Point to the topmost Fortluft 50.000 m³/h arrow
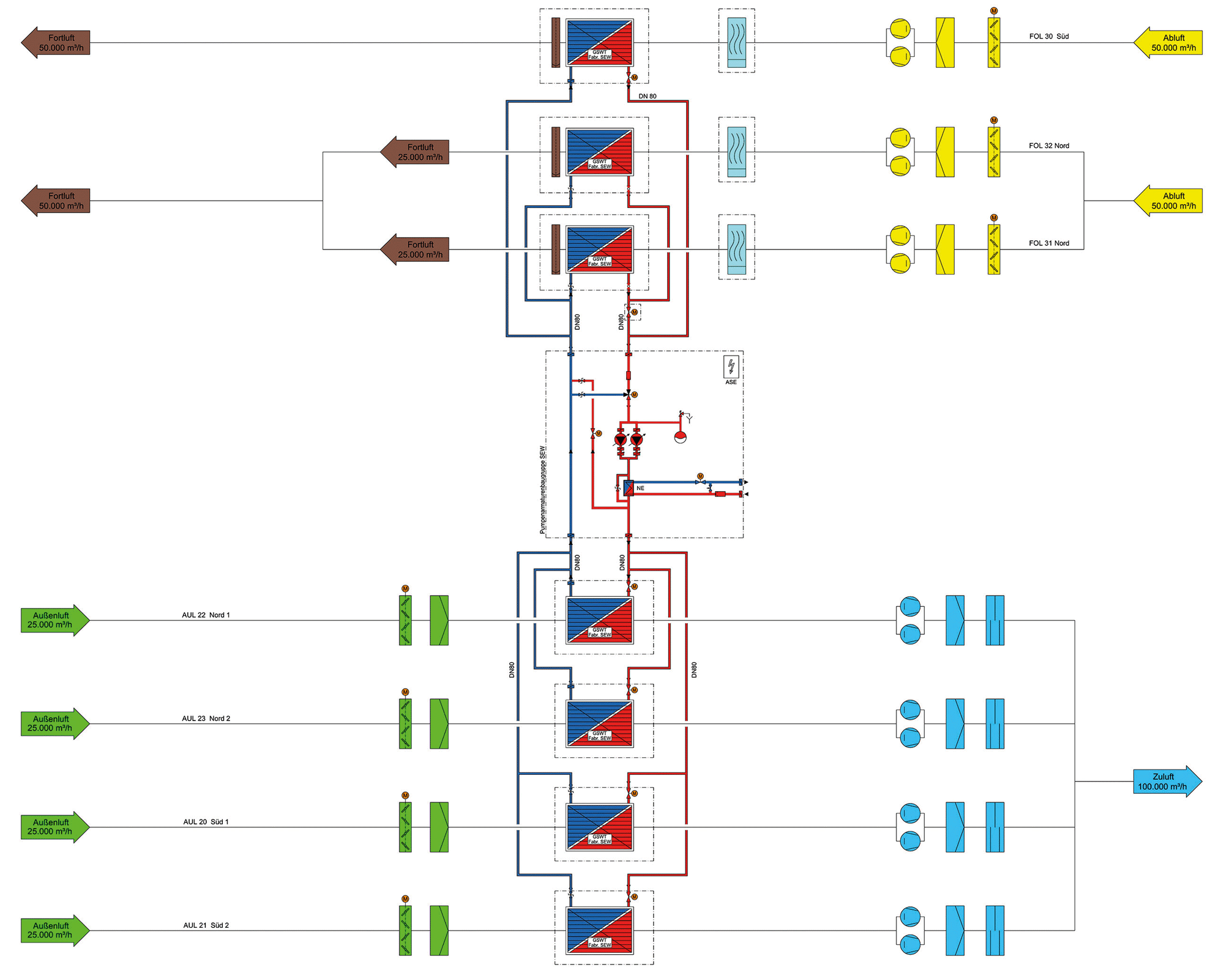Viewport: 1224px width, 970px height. pyautogui.click(x=56, y=43)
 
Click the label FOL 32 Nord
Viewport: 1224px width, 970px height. pyautogui.click(x=1049, y=146)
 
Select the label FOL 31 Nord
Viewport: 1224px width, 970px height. pyautogui.click(x=1049, y=243)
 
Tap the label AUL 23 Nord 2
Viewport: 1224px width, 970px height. pyautogui.click(x=206, y=718)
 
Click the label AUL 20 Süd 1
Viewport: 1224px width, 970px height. pyautogui.click(x=206, y=821)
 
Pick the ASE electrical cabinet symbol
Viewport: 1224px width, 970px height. pyautogui.click(x=731, y=366)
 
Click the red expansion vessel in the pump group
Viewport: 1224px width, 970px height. pyautogui.click(x=680, y=437)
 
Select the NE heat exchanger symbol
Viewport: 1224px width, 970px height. pyautogui.click(x=629, y=487)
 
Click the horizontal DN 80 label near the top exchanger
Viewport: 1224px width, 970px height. pyautogui.click(x=647, y=96)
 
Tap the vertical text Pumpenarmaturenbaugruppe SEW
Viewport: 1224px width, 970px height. pyautogui.click(x=542, y=490)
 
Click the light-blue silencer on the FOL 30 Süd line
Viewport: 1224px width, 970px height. pyautogui.click(x=737, y=42)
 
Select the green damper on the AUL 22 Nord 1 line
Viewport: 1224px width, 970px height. pyautogui.click(x=405, y=620)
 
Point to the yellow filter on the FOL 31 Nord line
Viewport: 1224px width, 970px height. pyautogui.click(x=945, y=250)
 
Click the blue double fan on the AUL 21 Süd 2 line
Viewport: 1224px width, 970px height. pyautogui.click(x=910, y=930)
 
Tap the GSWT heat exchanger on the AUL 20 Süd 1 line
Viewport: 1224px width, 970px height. pyautogui.click(x=600, y=827)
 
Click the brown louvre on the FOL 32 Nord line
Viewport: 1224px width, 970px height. pyautogui.click(x=556, y=152)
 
